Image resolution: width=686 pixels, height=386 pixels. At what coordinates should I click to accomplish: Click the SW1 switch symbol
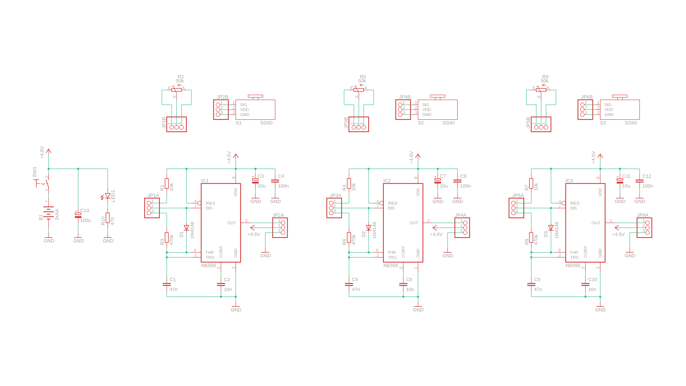pos(43,183)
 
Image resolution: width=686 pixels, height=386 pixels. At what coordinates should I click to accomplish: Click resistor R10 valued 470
pos(108,218)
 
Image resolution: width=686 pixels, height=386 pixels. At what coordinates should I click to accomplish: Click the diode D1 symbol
pos(186,228)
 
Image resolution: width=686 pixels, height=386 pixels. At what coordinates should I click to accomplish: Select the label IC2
pos(387,181)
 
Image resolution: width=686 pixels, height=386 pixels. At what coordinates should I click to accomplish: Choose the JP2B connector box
pos(221,109)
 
